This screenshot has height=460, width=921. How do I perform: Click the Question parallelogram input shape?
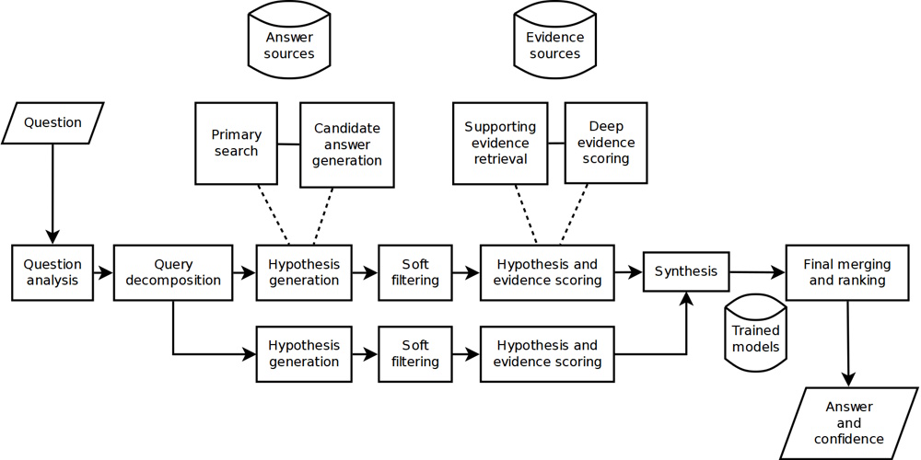point(52,122)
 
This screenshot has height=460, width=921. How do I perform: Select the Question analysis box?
point(52,272)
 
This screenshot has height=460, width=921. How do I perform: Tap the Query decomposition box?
point(173,272)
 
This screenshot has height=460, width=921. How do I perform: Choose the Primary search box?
point(236,143)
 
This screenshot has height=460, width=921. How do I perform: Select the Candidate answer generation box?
point(347,144)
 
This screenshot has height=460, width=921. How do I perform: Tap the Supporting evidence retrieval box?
point(500,143)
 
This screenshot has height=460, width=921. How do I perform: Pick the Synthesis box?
point(686,271)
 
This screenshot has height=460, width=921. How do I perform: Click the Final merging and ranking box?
point(847,272)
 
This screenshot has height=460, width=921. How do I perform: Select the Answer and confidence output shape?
point(848,422)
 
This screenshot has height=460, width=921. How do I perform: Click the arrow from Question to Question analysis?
point(52,193)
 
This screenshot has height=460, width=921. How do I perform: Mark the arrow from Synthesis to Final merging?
point(757,271)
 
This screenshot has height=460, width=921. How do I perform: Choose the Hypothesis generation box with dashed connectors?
point(303,272)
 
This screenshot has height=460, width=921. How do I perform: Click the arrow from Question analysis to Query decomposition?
point(103,272)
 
